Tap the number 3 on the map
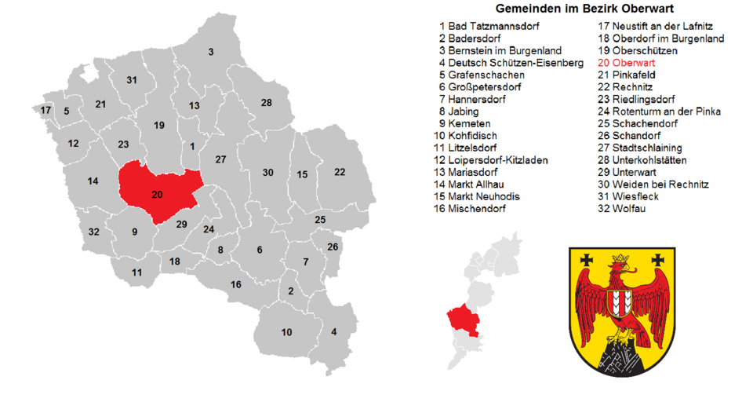click(x=211, y=52)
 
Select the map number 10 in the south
click(x=286, y=332)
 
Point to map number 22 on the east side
click(x=340, y=171)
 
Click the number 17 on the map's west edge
click(x=45, y=110)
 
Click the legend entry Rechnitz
click(x=624, y=86)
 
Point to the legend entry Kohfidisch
click(x=472, y=135)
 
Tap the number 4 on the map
click(x=334, y=331)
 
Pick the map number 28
click(x=267, y=103)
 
